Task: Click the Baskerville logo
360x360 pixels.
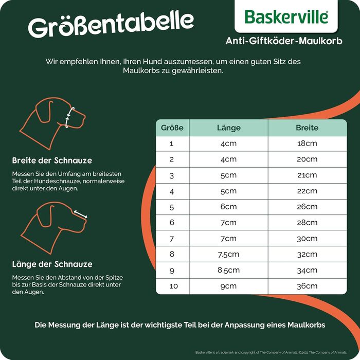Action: coord(286,16)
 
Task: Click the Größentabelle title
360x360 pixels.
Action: coord(111,25)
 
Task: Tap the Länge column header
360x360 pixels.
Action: coord(228,128)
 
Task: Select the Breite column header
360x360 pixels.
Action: coord(307,128)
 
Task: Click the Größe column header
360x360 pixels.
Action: coord(172,128)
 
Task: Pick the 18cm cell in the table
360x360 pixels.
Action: coord(307,143)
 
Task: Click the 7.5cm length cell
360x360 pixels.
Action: coord(228,254)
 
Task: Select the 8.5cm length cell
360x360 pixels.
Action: coord(228,270)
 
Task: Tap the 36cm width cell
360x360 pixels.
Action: coord(307,286)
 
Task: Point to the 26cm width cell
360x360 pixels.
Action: coord(307,207)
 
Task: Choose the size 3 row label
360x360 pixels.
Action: coord(172,175)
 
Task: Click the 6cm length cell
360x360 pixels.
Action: coord(228,207)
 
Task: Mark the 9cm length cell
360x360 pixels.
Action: coord(228,286)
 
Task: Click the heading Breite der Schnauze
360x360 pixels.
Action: coord(52,160)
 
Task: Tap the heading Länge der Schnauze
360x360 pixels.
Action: coord(52,264)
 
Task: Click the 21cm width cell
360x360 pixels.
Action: coord(307,175)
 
